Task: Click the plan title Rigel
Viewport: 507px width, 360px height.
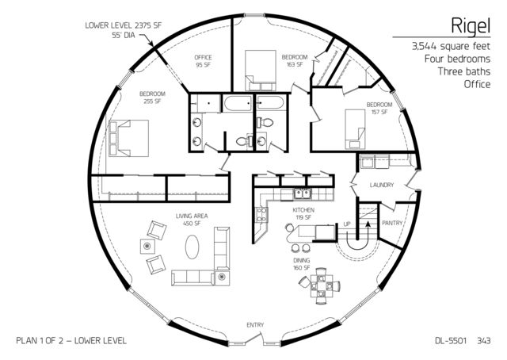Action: coord(471,25)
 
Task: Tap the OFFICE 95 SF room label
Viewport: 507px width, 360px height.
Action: coord(203,61)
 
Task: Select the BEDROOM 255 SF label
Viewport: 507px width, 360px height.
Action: coord(152,98)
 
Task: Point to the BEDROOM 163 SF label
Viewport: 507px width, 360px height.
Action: coord(295,60)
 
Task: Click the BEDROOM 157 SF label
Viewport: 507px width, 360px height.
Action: coord(379,109)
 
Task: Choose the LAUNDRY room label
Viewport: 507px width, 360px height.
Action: coord(382,186)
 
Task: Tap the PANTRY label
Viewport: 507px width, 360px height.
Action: coord(392,223)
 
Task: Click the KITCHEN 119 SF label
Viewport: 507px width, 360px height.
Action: coord(303,213)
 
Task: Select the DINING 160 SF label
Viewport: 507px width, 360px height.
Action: coord(301,264)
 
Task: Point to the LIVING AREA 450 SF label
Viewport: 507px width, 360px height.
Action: coord(192,220)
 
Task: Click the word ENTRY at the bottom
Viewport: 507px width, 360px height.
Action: coord(255,325)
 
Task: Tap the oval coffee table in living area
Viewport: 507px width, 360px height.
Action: coord(192,247)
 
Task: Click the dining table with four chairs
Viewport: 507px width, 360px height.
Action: coord(321,286)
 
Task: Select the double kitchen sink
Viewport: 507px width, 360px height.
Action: coord(303,194)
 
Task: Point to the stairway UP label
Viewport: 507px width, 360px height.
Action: coord(347,224)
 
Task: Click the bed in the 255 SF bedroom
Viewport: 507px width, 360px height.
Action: coord(128,138)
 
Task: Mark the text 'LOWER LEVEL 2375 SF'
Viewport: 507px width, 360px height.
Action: coord(123,25)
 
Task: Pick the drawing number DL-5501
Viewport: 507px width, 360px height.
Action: coord(451,340)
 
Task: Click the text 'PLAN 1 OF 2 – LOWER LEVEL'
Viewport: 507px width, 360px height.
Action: coord(71,340)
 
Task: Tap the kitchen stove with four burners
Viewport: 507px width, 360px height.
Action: coord(261,215)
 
